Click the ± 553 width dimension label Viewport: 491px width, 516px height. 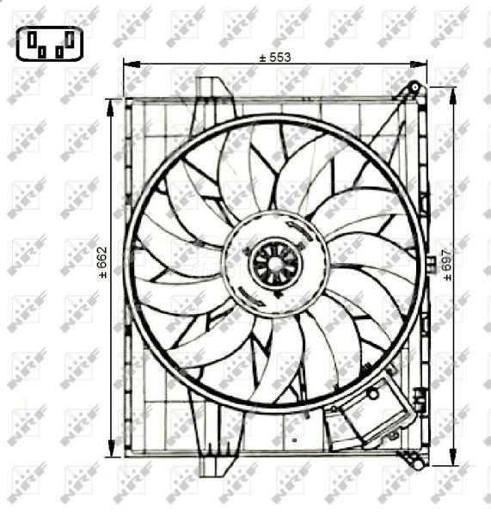point(275,58)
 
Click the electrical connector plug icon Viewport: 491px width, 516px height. point(47,42)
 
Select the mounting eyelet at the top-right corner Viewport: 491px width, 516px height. point(414,88)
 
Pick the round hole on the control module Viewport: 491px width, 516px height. point(373,393)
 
